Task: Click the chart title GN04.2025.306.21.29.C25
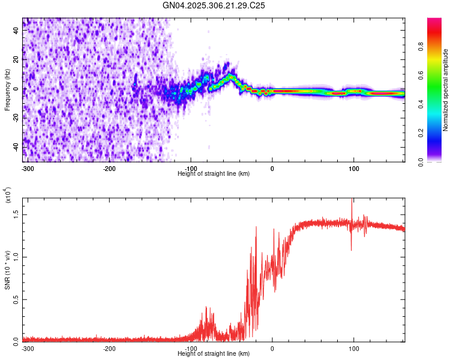pyautogui.click(x=214, y=5)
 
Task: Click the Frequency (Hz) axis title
pyautogui.click(x=7, y=90)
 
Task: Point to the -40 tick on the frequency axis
pyautogui.click(x=16, y=147)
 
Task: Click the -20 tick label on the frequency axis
pyautogui.click(x=16, y=118)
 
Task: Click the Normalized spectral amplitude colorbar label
pyautogui.click(x=446, y=90)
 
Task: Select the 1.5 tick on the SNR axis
pyautogui.click(x=16, y=214)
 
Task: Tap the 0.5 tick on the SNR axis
pyautogui.click(x=16, y=299)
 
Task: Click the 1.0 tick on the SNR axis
pyautogui.click(x=16, y=256)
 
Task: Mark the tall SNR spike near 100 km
pyautogui.click(x=352, y=207)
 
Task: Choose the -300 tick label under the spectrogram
pyautogui.click(x=28, y=169)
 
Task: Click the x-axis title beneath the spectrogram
pyautogui.click(x=214, y=173)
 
